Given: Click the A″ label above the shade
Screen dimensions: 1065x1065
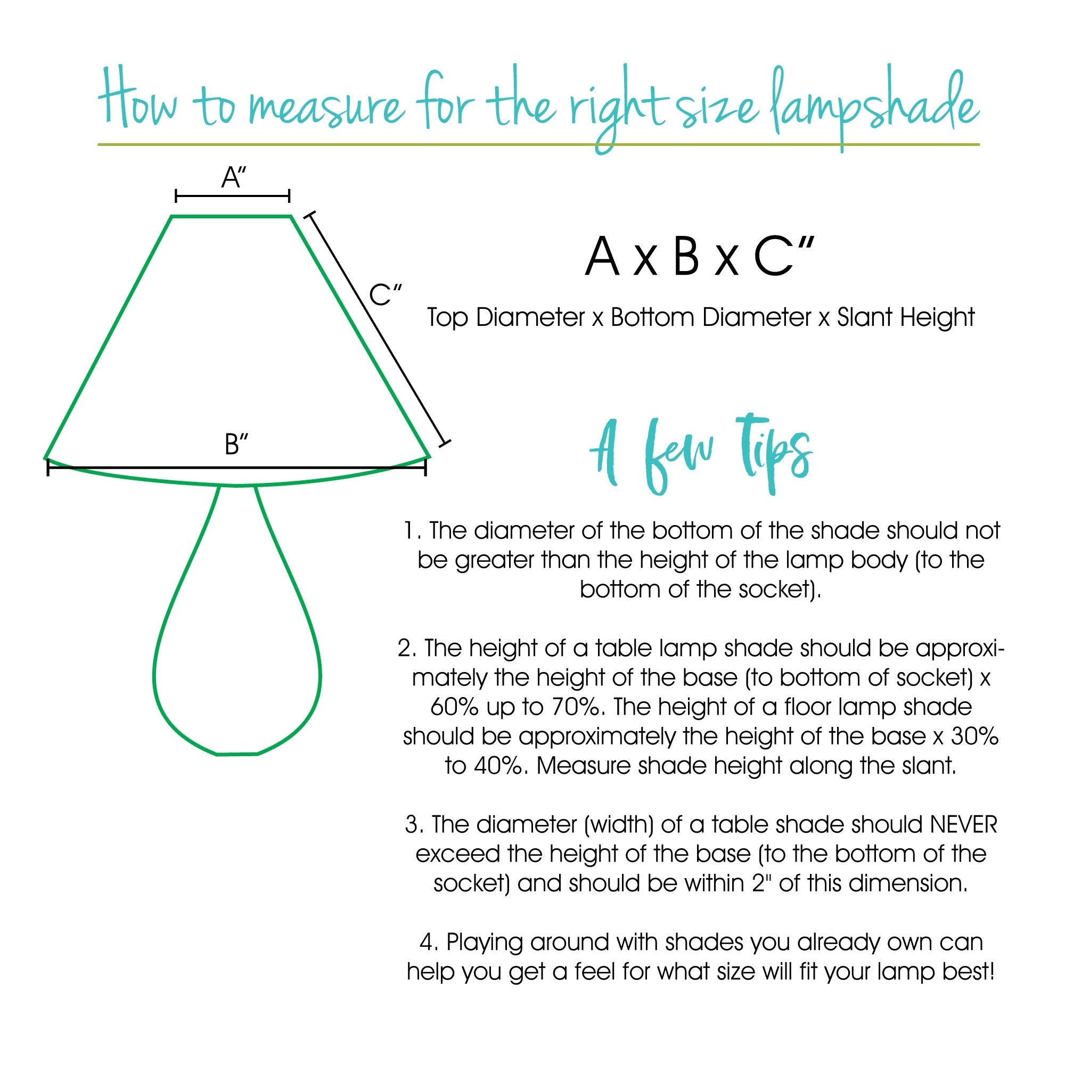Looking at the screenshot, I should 234,178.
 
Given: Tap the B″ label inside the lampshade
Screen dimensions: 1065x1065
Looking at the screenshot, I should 236,444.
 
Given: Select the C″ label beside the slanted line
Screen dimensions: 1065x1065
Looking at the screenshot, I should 386,295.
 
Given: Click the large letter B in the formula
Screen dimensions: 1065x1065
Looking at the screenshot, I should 686,257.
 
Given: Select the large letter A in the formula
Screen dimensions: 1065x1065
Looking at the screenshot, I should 601,257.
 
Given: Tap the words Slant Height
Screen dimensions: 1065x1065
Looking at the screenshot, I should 906,317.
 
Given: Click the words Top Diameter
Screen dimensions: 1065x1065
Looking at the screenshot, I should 505,317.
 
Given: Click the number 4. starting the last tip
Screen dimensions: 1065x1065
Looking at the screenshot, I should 428,942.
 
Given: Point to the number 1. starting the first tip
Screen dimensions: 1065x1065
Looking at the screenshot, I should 412,531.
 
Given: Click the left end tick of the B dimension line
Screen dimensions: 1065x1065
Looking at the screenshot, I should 48,468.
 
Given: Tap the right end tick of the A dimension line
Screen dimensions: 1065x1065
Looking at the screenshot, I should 289,195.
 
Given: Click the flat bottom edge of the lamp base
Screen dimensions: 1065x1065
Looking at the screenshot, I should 237,753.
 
